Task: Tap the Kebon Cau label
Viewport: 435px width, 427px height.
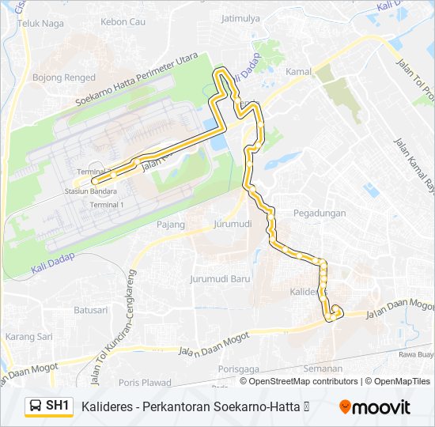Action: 124,21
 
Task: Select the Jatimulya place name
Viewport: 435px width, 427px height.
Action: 240,18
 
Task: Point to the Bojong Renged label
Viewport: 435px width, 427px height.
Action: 63,77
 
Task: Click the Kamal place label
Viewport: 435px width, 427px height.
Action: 298,72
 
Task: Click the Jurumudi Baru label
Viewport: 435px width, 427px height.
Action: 219,279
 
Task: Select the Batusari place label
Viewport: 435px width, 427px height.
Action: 90,310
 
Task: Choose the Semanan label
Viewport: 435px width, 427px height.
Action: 323,368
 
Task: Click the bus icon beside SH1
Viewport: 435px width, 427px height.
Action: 35,406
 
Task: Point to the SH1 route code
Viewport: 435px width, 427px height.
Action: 58,406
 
